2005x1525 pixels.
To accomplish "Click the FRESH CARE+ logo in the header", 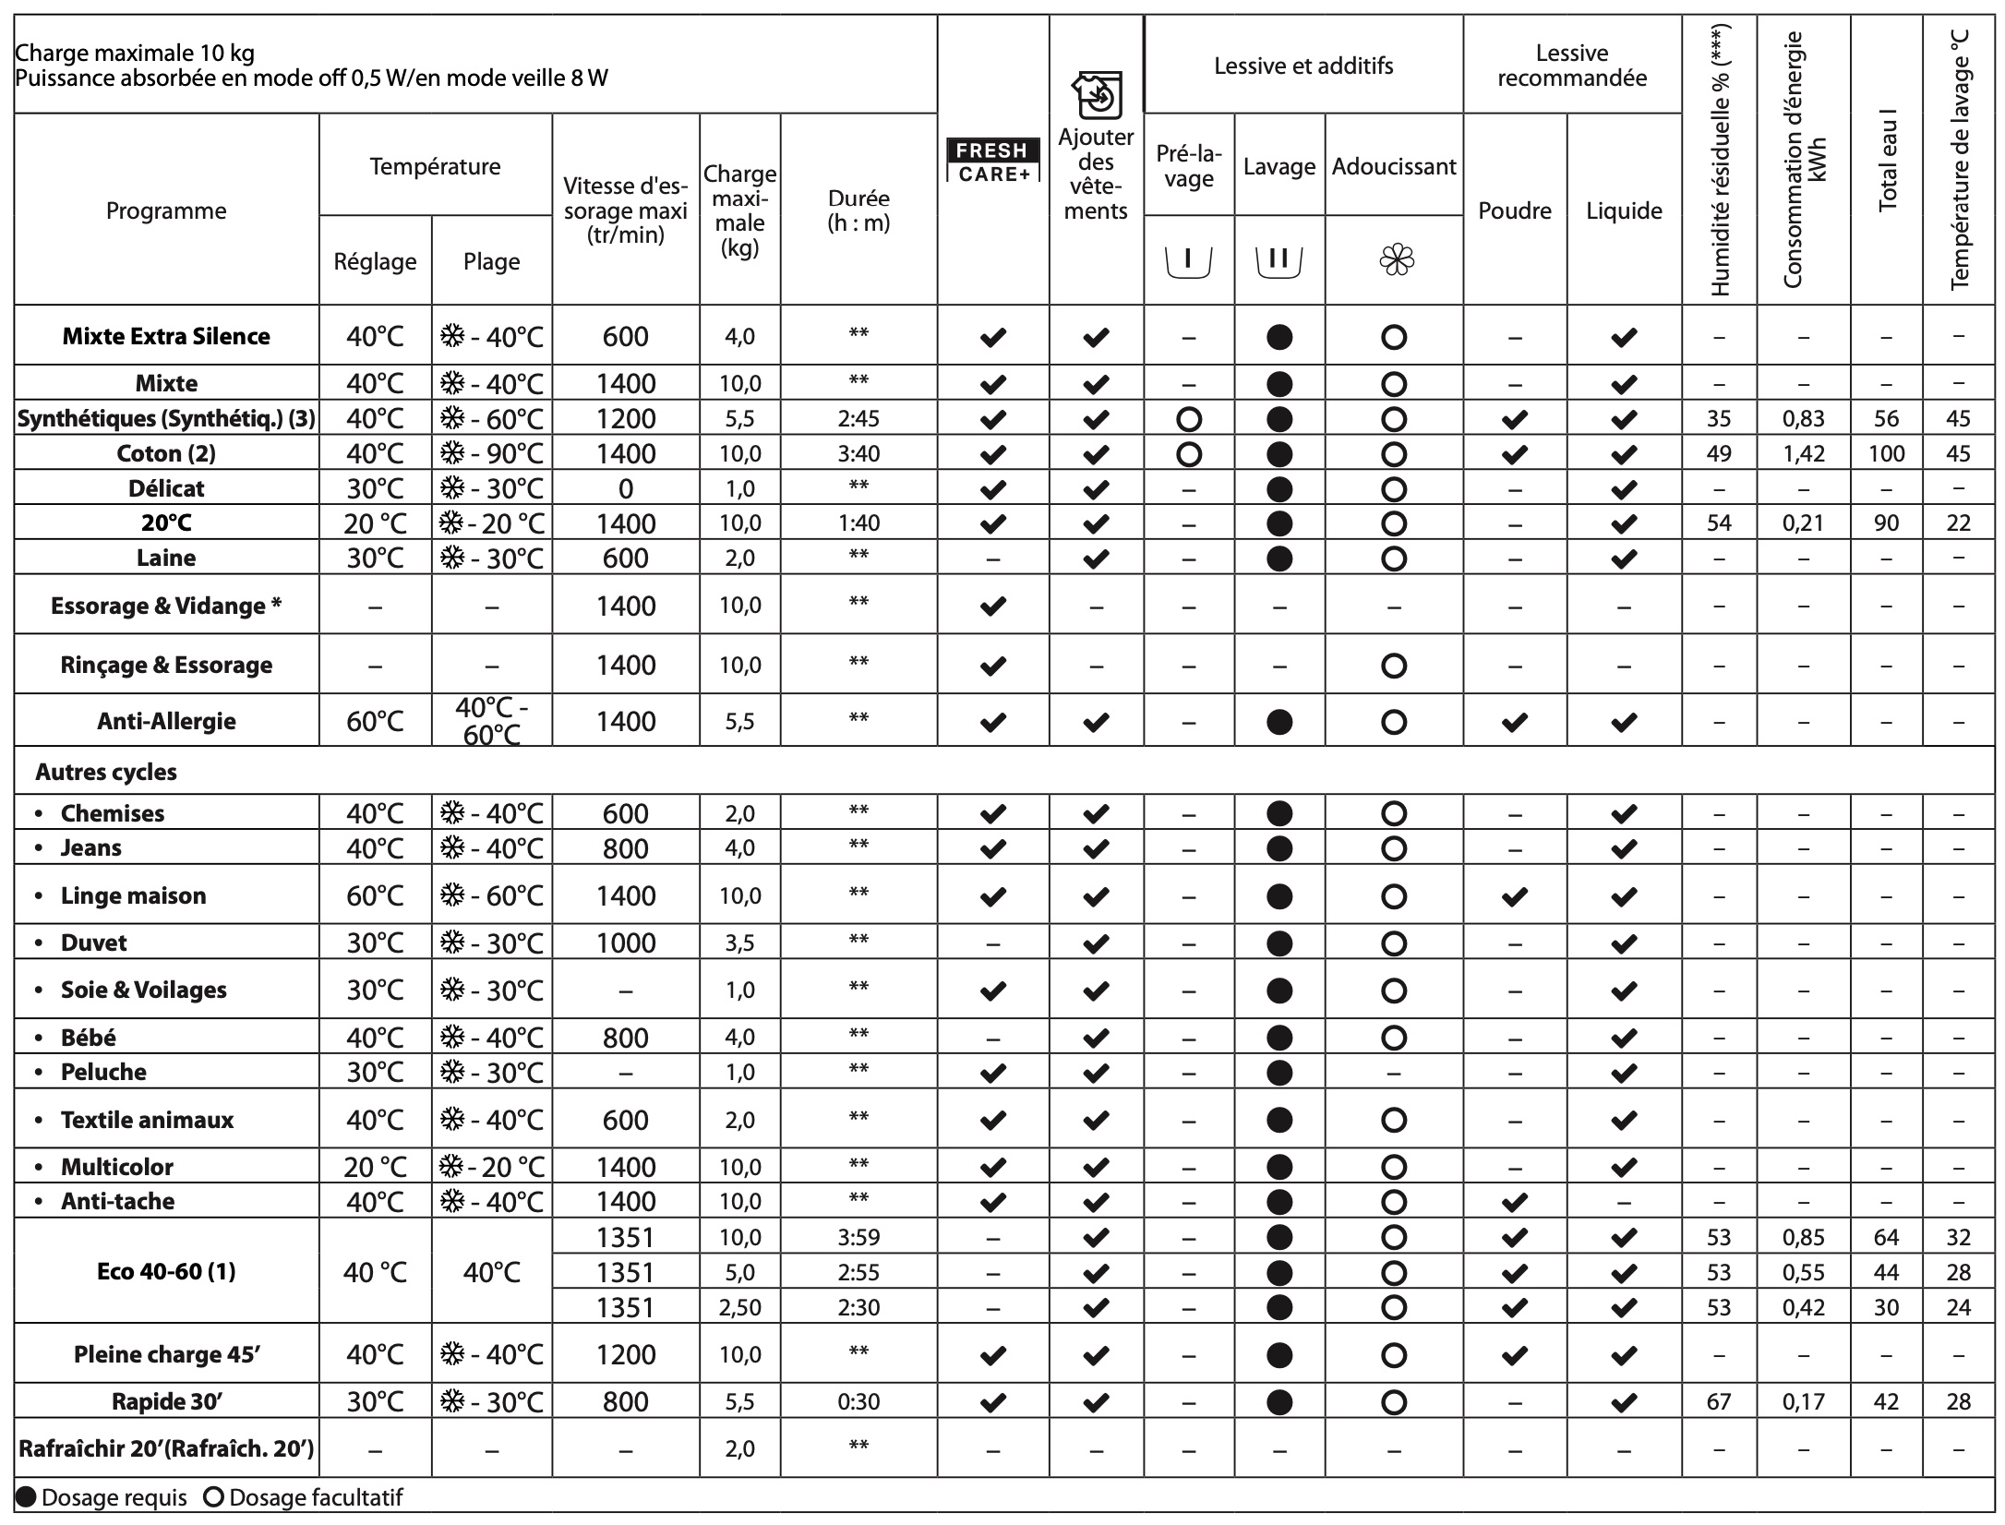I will click(x=992, y=161).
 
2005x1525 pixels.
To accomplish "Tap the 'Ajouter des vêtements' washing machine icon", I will click(x=1096, y=95).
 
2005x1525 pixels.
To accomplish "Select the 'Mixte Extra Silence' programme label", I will click(x=166, y=336).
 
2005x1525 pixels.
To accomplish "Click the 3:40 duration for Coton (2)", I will click(x=858, y=453).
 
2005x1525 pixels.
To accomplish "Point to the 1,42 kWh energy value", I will click(x=1803, y=453).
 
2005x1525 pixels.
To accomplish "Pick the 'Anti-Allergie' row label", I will click(x=166, y=721).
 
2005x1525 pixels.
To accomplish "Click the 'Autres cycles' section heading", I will click(x=106, y=772).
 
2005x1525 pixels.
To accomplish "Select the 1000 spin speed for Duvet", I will click(x=625, y=943).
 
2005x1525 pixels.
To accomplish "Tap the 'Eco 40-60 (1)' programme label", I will click(x=166, y=1271).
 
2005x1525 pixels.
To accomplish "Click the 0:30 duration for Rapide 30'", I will click(x=858, y=1401).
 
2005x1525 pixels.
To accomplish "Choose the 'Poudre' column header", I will click(x=1514, y=210).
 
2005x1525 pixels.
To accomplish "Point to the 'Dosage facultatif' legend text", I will click(x=315, y=1497).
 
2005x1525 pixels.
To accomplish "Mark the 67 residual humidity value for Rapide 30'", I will click(x=1718, y=1401).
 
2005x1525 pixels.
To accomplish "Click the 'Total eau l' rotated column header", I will click(x=1887, y=157).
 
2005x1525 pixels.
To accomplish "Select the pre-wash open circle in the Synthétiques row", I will click(x=1189, y=419).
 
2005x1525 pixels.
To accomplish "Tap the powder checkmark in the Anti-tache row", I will click(x=1514, y=1202).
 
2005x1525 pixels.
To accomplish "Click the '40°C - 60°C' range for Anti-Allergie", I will click(x=491, y=721).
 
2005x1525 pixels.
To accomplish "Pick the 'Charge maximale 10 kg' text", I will click(x=135, y=54).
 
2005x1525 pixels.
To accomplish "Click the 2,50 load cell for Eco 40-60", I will click(x=739, y=1307).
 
